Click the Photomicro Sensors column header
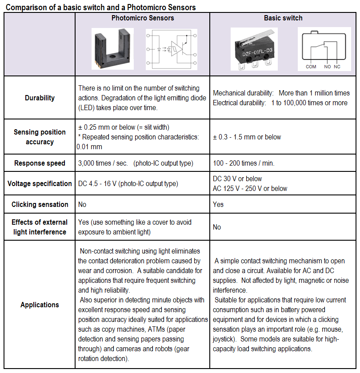click(142, 18)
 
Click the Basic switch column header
click(283, 18)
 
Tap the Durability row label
click(40, 98)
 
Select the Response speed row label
click(40, 163)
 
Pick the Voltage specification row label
click(40, 183)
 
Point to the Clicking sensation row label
click(40, 204)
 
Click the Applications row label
click(40, 305)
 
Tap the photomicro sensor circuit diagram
click(172, 49)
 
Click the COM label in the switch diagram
click(311, 67)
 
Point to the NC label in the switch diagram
click(337, 67)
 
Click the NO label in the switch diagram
click(328, 67)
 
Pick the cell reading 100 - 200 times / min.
click(244, 163)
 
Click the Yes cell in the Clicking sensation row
click(218, 204)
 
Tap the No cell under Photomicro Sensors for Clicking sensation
click(82, 204)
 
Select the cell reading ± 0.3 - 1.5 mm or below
click(247, 137)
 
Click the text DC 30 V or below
click(237, 179)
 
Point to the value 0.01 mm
click(89, 147)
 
